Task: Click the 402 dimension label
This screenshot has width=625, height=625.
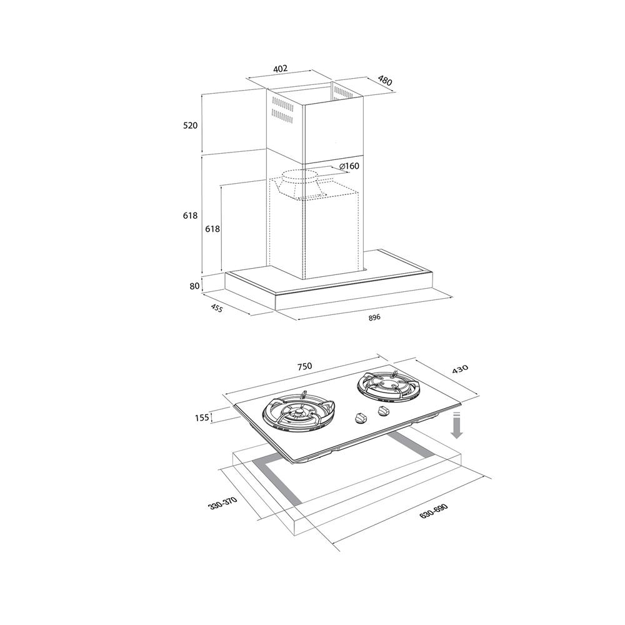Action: click(280, 69)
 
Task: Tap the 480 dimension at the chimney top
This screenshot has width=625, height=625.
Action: click(385, 81)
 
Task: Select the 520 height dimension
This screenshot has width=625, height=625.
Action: click(190, 125)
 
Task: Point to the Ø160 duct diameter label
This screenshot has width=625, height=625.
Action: click(349, 166)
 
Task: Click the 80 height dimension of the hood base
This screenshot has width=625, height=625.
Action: click(194, 286)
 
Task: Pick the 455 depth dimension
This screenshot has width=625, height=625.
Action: click(216, 307)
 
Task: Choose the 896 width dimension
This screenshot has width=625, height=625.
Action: click(374, 317)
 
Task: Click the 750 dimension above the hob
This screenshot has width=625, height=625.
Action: click(304, 366)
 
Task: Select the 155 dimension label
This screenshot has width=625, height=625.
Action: click(202, 417)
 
